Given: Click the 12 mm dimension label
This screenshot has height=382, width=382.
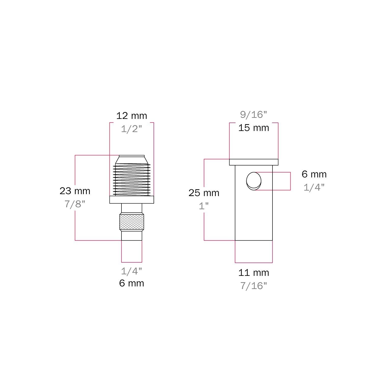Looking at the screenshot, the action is coord(132,116).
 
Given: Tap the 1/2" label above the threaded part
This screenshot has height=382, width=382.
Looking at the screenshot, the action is coord(131,129).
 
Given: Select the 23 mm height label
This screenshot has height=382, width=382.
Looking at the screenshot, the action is coord(75,191).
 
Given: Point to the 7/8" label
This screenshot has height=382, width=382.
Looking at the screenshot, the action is coord(75,204).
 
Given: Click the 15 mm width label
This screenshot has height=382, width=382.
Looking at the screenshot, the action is coord(254,128).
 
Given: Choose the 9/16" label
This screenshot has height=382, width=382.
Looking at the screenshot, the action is coord(254,115).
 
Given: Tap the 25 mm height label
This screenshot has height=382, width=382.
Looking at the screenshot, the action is coord(204,193).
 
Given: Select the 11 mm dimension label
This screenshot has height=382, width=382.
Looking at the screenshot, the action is coord(254,273).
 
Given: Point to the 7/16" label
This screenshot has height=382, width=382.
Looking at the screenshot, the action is coord(254,286).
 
